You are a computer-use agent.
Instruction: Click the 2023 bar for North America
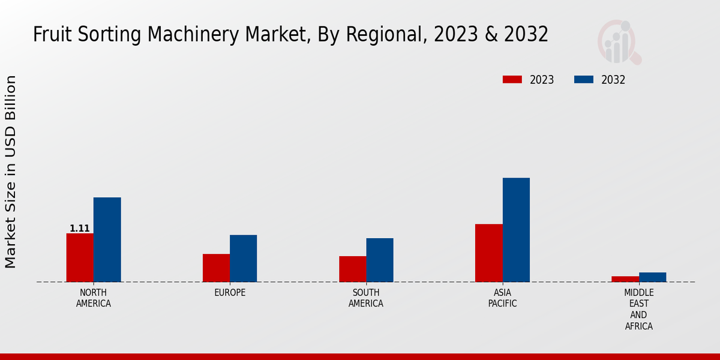(x=80, y=257)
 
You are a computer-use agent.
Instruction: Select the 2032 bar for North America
(x=107, y=239)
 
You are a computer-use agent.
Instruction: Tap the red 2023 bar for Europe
(x=216, y=268)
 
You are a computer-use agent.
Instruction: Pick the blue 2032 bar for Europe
(x=243, y=258)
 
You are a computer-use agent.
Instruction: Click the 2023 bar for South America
(x=352, y=269)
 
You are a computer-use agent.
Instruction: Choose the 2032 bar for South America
(x=380, y=260)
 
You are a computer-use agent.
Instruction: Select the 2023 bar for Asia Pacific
(x=488, y=253)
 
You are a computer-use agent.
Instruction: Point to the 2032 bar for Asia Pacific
(x=516, y=230)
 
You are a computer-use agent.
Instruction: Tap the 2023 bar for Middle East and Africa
(x=625, y=279)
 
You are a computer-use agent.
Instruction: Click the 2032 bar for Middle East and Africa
(x=652, y=277)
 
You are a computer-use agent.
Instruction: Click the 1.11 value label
(x=80, y=229)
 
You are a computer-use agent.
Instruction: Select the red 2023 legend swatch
(x=512, y=80)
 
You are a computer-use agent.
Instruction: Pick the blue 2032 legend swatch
(x=584, y=80)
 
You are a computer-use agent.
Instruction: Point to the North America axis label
(x=94, y=298)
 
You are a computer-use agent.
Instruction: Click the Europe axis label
(x=230, y=293)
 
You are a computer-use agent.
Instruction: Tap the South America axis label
(x=366, y=298)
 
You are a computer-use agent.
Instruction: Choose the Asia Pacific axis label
(x=502, y=298)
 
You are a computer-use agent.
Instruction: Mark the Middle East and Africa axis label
(x=638, y=310)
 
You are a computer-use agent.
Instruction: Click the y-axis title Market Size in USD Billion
(x=11, y=172)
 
